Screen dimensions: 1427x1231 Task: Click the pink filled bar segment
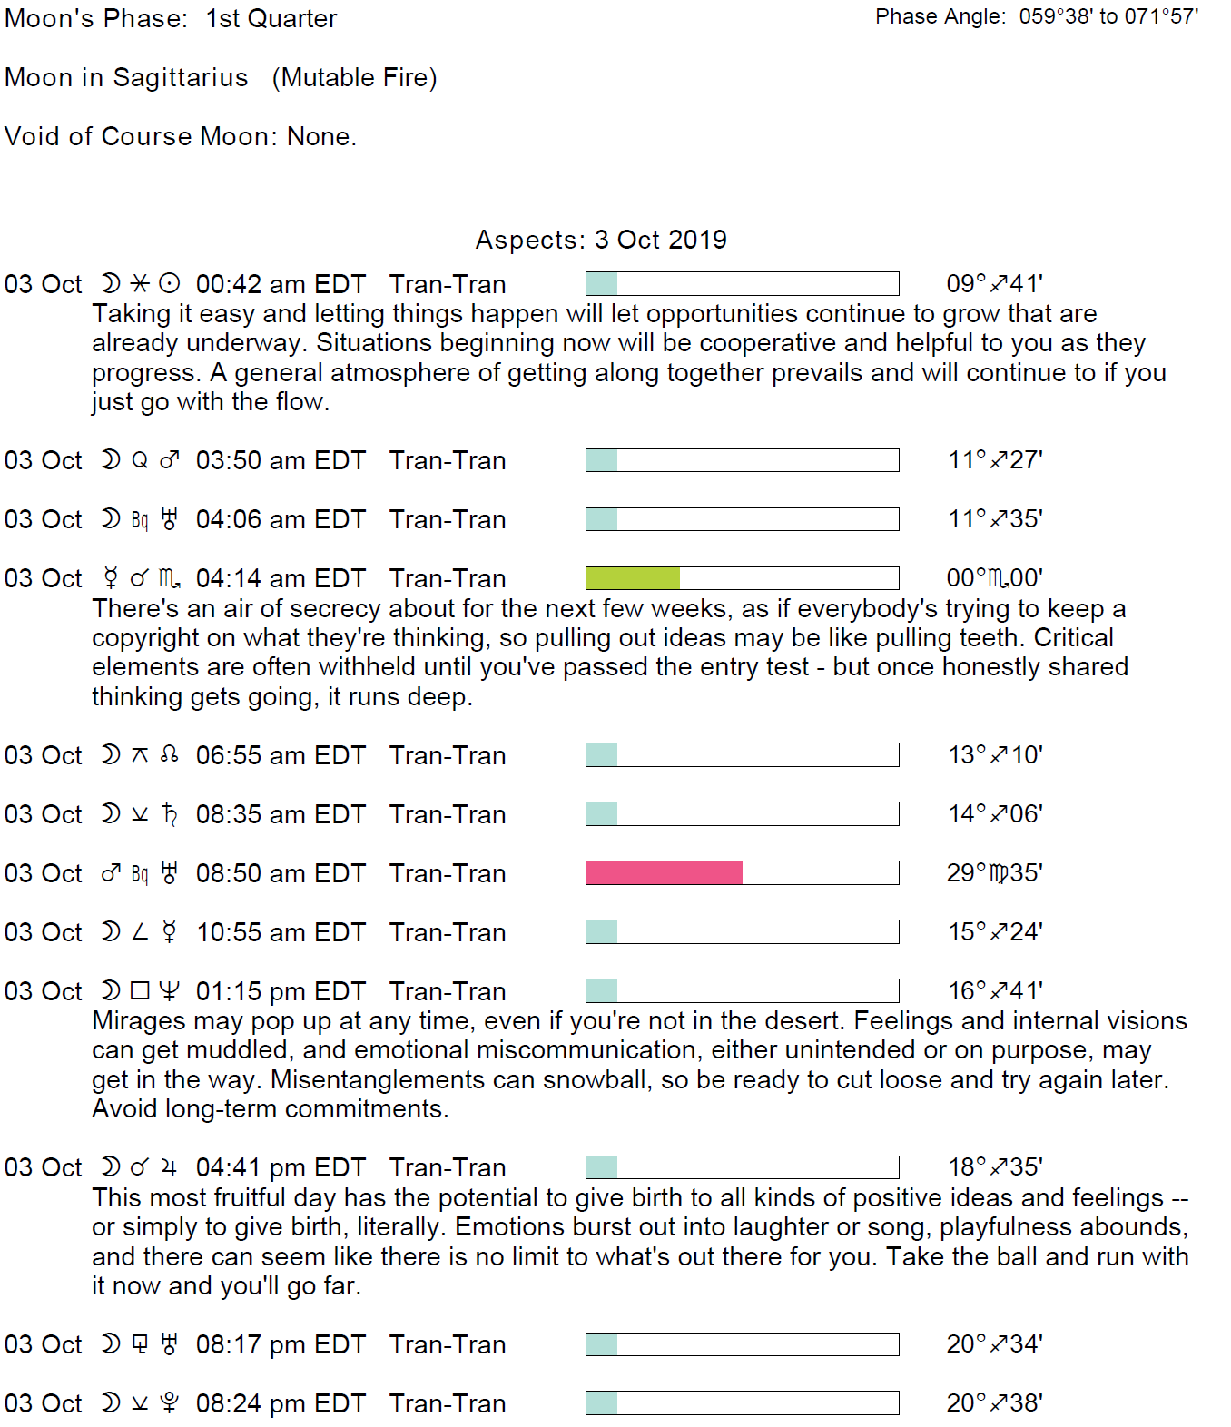pos(664,872)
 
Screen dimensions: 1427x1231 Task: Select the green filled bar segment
pos(633,578)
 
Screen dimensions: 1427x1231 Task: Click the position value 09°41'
pos(994,284)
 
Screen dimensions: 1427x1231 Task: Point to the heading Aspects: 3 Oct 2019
pos(601,240)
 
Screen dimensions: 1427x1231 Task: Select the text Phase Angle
pos(940,16)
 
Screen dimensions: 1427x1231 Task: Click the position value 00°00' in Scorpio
pos(994,578)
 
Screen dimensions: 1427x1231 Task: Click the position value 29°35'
pos(994,873)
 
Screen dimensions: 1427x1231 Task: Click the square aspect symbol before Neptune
pos(140,990)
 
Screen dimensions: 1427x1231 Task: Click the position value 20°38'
pos(994,1403)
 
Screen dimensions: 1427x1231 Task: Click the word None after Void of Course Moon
pos(320,136)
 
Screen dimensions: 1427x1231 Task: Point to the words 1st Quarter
pos(271,19)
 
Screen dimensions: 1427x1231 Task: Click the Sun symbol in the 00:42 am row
pos(170,283)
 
